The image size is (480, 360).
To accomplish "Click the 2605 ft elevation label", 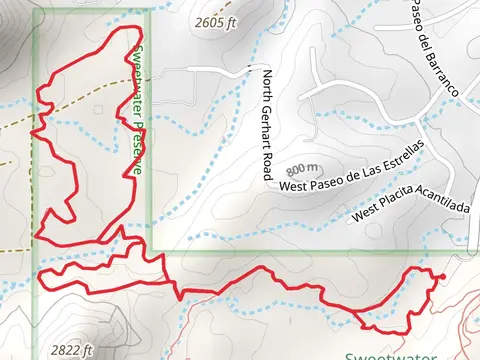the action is (219, 21).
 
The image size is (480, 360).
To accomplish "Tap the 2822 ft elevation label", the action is (72, 351).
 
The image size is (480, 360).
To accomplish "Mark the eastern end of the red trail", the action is (443, 275).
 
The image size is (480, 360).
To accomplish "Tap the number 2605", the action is (212, 21).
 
